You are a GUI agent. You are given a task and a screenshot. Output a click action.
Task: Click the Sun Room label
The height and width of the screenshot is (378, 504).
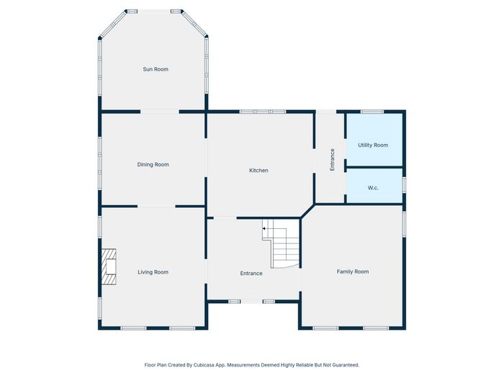pyautogui.click(x=156, y=69)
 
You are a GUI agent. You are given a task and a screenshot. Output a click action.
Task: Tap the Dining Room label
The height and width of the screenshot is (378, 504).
pyautogui.click(x=153, y=165)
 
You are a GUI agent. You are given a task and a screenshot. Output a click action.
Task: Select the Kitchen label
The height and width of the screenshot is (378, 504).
pyautogui.click(x=258, y=171)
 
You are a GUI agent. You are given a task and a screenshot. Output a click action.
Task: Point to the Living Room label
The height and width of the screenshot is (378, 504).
pyautogui.click(x=153, y=272)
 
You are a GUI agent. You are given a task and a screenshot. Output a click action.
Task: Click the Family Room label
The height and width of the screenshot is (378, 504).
pyautogui.click(x=353, y=271)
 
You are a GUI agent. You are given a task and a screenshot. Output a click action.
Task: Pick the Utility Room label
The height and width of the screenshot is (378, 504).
pyautogui.click(x=373, y=145)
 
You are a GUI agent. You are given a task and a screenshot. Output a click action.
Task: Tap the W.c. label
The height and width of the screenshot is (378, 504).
pyautogui.click(x=373, y=188)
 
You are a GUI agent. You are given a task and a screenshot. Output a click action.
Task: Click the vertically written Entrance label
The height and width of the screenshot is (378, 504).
pyautogui.click(x=333, y=160)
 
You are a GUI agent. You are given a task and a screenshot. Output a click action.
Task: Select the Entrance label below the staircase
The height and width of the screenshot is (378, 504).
pyautogui.click(x=251, y=273)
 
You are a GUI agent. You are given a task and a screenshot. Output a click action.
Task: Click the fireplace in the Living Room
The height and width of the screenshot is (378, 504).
pyautogui.click(x=109, y=267)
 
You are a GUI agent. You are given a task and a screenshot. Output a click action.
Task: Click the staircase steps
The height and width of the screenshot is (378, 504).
pyautogui.click(x=282, y=243)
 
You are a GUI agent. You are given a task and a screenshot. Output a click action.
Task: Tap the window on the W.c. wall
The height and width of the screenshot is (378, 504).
pyautogui.click(x=405, y=185)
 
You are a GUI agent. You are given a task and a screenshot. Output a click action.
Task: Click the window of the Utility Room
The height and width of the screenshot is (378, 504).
pyautogui.click(x=372, y=112)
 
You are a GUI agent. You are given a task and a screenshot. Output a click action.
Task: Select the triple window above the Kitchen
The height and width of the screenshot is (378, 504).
pyautogui.click(x=263, y=112)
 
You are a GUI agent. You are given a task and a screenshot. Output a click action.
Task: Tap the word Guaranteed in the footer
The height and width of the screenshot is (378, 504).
pyautogui.click(x=346, y=365)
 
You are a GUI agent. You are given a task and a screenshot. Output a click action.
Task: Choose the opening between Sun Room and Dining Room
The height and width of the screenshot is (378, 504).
pyautogui.click(x=160, y=112)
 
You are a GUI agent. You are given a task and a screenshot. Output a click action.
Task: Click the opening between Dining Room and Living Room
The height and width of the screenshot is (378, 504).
pyautogui.click(x=156, y=206)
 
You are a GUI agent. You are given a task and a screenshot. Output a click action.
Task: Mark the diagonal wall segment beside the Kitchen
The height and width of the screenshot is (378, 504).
pyautogui.click(x=307, y=211)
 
